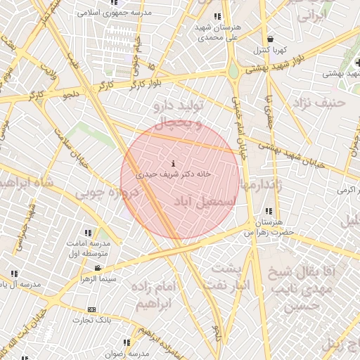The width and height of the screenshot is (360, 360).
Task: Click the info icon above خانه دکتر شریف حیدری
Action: [x=174, y=164]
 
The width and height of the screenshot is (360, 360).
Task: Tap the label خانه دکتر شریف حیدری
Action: [x=174, y=173]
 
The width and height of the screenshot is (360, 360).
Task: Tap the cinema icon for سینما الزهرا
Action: [x=98, y=268]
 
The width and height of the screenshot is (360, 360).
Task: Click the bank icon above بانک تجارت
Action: [x=91, y=309]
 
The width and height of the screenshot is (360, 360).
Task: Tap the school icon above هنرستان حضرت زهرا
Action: [x=268, y=211]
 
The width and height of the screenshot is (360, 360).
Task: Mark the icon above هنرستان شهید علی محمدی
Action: [x=217, y=16]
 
